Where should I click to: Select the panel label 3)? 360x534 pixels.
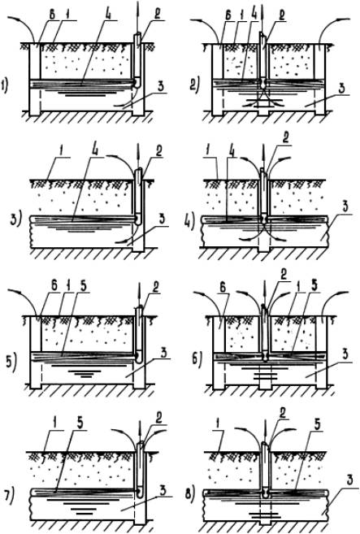pyautogui.click(x=16, y=219)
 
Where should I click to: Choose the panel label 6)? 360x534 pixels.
pyautogui.click(x=197, y=358)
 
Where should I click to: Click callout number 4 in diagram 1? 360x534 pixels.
pyautogui.click(x=110, y=15)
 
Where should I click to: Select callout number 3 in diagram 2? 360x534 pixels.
pyautogui.click(x=341, y=88)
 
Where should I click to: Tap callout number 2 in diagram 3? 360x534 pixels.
pyautogui.click(x=158, y=152)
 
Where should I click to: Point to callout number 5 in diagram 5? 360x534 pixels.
pyautogui.click(x=83, y=286)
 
